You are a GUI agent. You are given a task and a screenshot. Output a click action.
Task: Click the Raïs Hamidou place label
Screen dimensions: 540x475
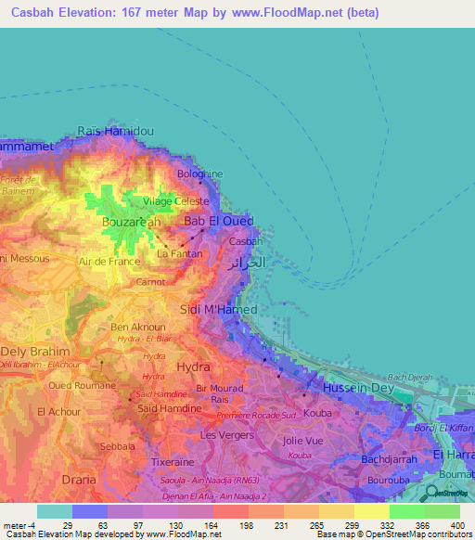(115, 132)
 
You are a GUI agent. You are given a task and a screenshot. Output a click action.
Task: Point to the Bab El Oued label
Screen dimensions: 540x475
(214, 222)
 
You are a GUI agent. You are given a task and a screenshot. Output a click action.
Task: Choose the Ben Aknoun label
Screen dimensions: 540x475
(137, 328)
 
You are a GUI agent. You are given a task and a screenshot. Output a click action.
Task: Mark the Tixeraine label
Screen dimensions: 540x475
(177, 460)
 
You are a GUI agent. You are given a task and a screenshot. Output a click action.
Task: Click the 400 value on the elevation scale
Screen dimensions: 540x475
(455, 524)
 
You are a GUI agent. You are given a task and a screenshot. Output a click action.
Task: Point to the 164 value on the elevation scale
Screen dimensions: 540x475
(212, 524)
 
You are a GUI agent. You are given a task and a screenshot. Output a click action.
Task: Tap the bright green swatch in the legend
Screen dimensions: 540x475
(406, 511)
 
